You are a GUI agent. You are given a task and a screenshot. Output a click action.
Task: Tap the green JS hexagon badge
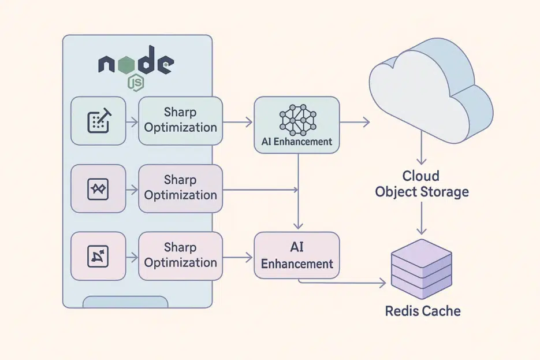point(136,83)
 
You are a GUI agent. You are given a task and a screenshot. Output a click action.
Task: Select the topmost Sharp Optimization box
point(180,120)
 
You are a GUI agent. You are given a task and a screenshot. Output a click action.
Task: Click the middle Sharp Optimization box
point(180,188)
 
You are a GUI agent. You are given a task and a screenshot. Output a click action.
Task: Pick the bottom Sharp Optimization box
point(180,255)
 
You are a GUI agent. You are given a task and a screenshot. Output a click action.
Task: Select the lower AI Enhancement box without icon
point(297,255)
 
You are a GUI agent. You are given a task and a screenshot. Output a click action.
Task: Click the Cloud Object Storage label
point(422,184)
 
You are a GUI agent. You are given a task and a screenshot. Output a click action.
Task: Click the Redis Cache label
point(423,311)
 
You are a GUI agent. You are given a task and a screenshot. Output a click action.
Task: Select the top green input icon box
point(98,121)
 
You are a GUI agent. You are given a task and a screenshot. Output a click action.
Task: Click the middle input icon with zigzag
point(98,189)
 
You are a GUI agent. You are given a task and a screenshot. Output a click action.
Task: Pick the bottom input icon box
point(98,256)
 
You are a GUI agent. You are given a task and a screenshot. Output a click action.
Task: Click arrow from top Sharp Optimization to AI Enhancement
point(237,122)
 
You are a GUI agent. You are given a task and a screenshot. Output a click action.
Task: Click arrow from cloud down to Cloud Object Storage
point(422,153)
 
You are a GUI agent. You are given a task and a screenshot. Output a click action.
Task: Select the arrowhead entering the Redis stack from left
point(381,283)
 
